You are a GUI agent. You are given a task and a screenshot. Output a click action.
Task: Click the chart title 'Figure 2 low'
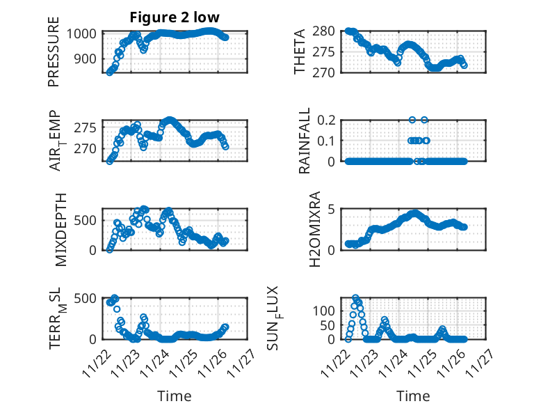click(175, 18)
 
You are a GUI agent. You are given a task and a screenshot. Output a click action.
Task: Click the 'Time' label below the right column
click(413, 396)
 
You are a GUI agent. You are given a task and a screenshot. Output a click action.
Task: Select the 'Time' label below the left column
click(175, 396)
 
